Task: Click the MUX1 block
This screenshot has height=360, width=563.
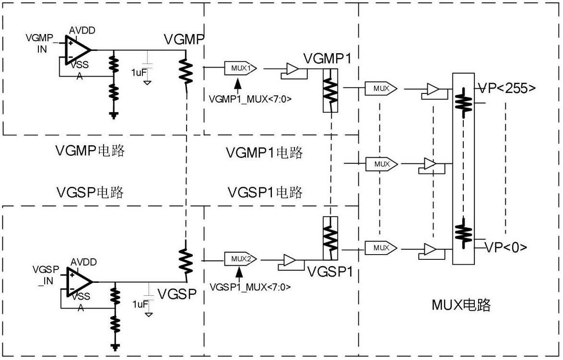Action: [x=240, y=68]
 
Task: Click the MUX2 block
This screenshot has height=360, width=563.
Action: [x=240, y=259]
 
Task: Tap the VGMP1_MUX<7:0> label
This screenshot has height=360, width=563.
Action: [x=250, y=99]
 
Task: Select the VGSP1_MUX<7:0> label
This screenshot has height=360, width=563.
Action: [x=250, y=287]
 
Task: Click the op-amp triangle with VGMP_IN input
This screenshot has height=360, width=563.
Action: [x=78, y=50]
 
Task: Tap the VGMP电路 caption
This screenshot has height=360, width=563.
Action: [x=90, y=151]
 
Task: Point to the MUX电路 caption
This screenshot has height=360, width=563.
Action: [x=460, y=305]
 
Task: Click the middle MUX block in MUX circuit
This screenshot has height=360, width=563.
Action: [x=382, y=164]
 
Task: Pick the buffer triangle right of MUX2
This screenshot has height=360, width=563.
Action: [x=290, y=261]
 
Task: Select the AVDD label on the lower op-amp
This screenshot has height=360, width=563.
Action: [x=83, y=262]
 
